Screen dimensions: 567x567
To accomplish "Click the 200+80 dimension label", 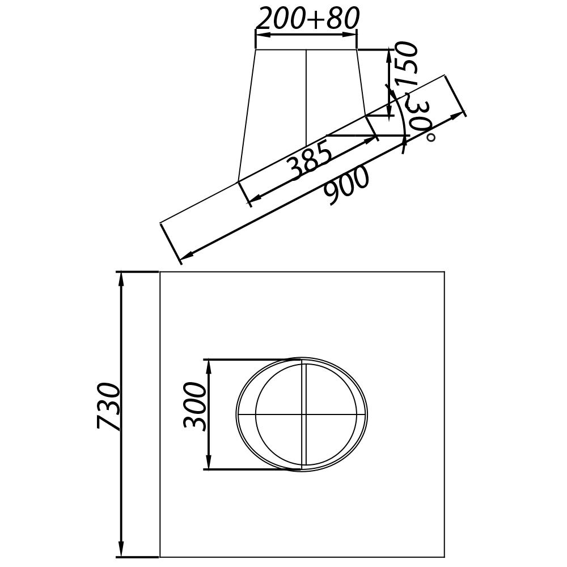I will click(x=307, y=19).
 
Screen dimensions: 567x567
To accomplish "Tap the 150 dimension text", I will click(x=408, y=64).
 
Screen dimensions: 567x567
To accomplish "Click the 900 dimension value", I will click(x=347, y=186).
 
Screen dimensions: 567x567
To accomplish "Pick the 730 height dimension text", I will click(x=108, y=407).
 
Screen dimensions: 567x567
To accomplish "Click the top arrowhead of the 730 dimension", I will click(x=121, y=278).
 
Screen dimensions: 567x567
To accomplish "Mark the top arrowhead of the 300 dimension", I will click(x=209, y=365).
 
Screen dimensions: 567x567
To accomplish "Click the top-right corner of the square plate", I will click(x=444, y=272).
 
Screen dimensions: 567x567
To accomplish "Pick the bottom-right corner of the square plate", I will click(x=444, y=557).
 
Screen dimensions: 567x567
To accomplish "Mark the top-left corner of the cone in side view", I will click(x=256, y=49).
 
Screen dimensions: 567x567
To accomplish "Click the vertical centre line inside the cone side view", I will click(x=306, y=96).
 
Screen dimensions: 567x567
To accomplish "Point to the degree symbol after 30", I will click(x=431, y=137).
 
